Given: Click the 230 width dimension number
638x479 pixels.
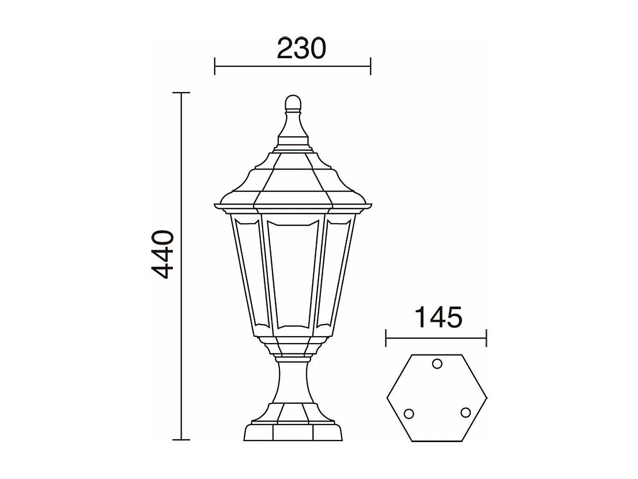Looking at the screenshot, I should point(301,48).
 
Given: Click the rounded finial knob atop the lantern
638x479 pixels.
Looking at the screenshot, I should point(293,102).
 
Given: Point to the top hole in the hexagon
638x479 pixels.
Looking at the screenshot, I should point(437,364).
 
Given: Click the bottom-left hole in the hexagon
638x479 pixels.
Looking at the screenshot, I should point(408,413).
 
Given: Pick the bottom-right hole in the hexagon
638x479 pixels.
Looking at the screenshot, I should point(466,413).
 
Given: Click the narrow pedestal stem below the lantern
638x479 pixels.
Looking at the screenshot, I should point(293,381).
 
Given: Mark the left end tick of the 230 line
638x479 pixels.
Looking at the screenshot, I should point(215,66).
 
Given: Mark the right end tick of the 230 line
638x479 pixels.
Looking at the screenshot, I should point(371,66).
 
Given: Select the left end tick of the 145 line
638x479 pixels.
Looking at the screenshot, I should point(386,338).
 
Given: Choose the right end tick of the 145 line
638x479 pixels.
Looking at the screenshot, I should point(486,338).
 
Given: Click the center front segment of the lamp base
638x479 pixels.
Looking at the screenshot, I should point(293,432).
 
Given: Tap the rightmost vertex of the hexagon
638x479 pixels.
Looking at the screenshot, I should point(487,398).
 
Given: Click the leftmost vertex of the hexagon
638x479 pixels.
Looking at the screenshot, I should point(387,398).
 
